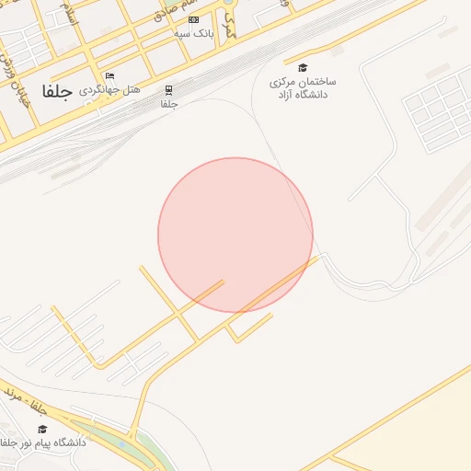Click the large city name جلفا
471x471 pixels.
(57, 92)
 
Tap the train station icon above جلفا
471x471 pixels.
(168, 89)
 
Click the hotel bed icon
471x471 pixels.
(110, 76)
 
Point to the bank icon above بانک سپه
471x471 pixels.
(193, 19)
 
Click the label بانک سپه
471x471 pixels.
(194, 33)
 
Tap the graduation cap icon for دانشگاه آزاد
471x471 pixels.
(303, 67)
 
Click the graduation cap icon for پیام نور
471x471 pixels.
(42, 429)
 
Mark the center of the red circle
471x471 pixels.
(235, 235)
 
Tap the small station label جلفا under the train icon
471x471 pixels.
(168, 104)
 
